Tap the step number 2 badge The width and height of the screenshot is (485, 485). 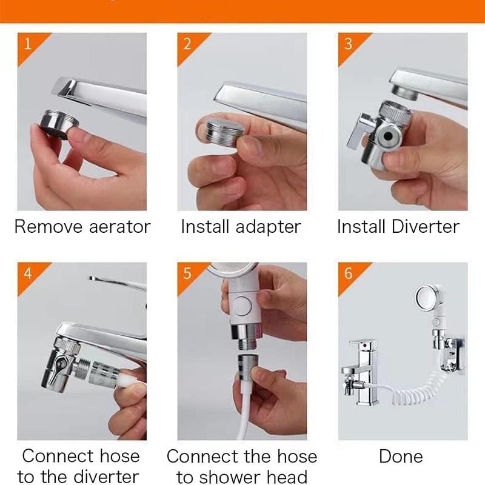click(187, 44)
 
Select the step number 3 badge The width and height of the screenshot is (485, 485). click(347, 44)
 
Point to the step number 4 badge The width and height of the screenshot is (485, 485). click(27, 273)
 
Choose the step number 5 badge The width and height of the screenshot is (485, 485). click(187, 273)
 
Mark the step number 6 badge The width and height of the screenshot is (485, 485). click(347, 273)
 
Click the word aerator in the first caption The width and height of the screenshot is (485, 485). click(118, 227)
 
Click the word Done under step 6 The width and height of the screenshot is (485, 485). click(401, 456)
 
